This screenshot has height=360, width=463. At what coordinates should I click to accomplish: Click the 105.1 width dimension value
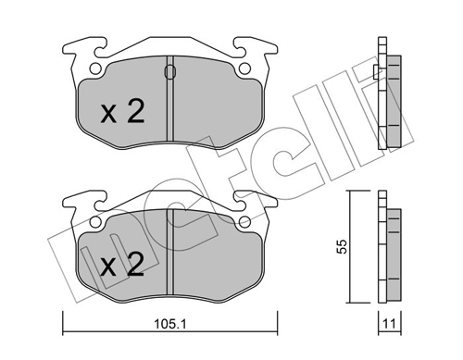(170, 324)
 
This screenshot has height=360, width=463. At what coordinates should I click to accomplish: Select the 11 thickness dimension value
(390, 324)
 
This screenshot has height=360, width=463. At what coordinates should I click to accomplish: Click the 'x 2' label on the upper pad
(122, 111)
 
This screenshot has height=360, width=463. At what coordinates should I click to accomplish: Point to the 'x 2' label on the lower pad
(122, 264)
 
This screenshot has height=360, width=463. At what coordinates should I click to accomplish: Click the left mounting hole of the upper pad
(95, 68)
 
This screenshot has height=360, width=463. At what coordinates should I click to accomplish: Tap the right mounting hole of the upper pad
(244, 68)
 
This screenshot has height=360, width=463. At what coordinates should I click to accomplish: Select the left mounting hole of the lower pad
(95, 221)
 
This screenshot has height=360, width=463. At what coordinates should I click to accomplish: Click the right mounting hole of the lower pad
(244, 221)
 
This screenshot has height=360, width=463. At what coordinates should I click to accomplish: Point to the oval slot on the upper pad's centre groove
(170, 72)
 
